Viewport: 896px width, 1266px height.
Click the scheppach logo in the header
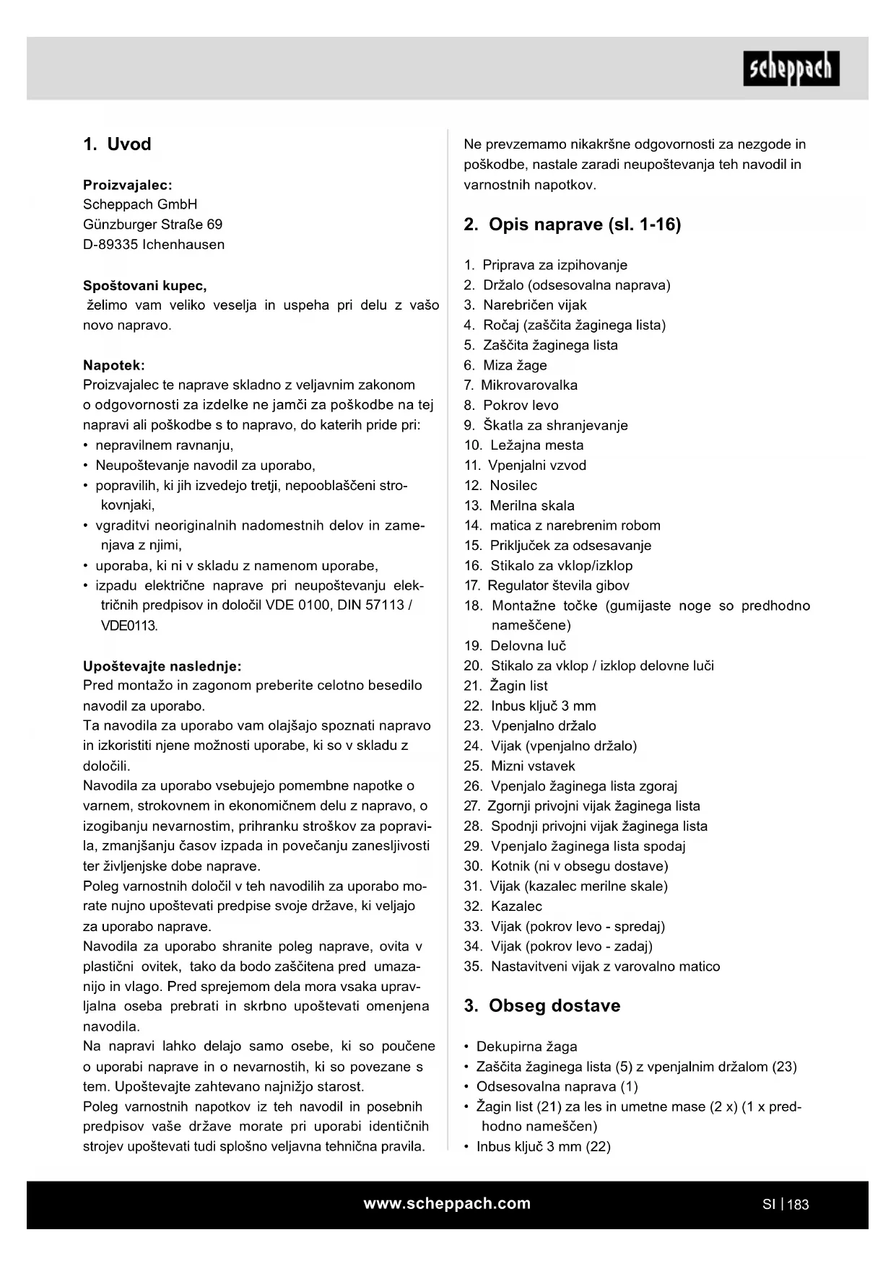(791, 69)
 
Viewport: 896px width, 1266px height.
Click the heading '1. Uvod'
(117, 144)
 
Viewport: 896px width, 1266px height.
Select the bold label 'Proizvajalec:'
(128, 185)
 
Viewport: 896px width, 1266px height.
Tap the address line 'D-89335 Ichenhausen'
(154, 245)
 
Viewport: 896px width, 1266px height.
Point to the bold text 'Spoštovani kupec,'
(145, 285)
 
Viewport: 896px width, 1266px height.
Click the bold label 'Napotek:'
(114, 365)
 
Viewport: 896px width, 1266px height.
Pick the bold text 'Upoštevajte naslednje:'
(162, 665)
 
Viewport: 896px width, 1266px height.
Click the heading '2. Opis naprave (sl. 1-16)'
(572, 224)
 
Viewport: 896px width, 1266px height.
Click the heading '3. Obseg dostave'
(541, 1006)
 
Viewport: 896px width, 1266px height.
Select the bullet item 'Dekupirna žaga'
(526, 1047)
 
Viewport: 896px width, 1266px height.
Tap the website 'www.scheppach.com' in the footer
(447, 1203)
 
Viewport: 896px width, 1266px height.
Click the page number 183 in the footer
(798, 1205)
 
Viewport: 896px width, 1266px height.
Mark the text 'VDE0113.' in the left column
(129, 626)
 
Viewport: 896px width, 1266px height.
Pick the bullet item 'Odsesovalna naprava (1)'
(557, 1086)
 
